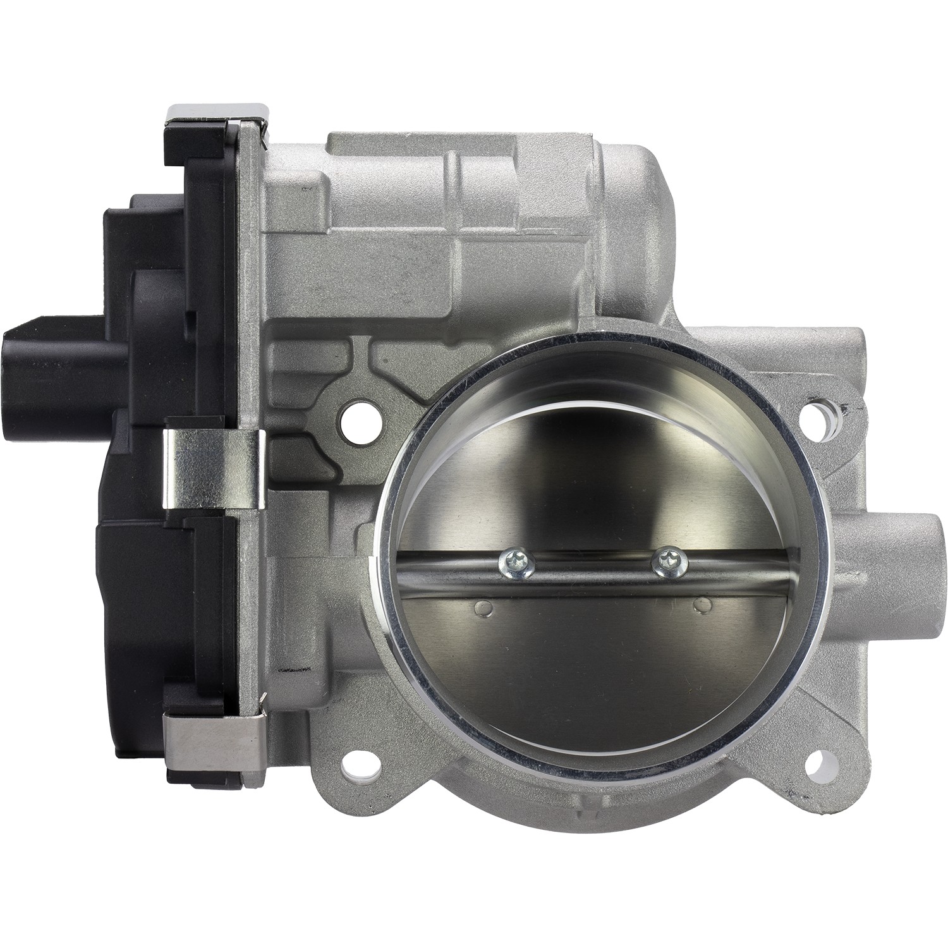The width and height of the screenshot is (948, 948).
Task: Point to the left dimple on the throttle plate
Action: (484, 608)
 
